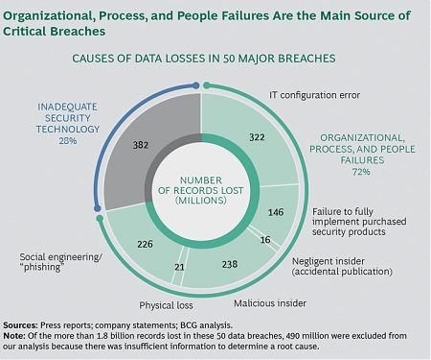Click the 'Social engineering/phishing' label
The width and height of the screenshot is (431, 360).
[x=54, y=261]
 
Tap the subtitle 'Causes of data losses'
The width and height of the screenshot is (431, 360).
[x=203, y=59]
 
